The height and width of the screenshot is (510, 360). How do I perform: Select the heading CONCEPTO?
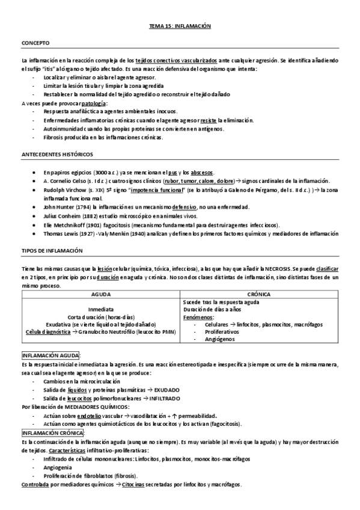coord(35,43)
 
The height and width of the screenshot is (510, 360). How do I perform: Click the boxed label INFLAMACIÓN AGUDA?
coord(50,355)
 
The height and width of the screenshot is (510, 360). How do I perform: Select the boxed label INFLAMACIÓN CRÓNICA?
coord(53,432)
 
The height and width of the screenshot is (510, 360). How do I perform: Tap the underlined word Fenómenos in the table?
coord(198,317)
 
